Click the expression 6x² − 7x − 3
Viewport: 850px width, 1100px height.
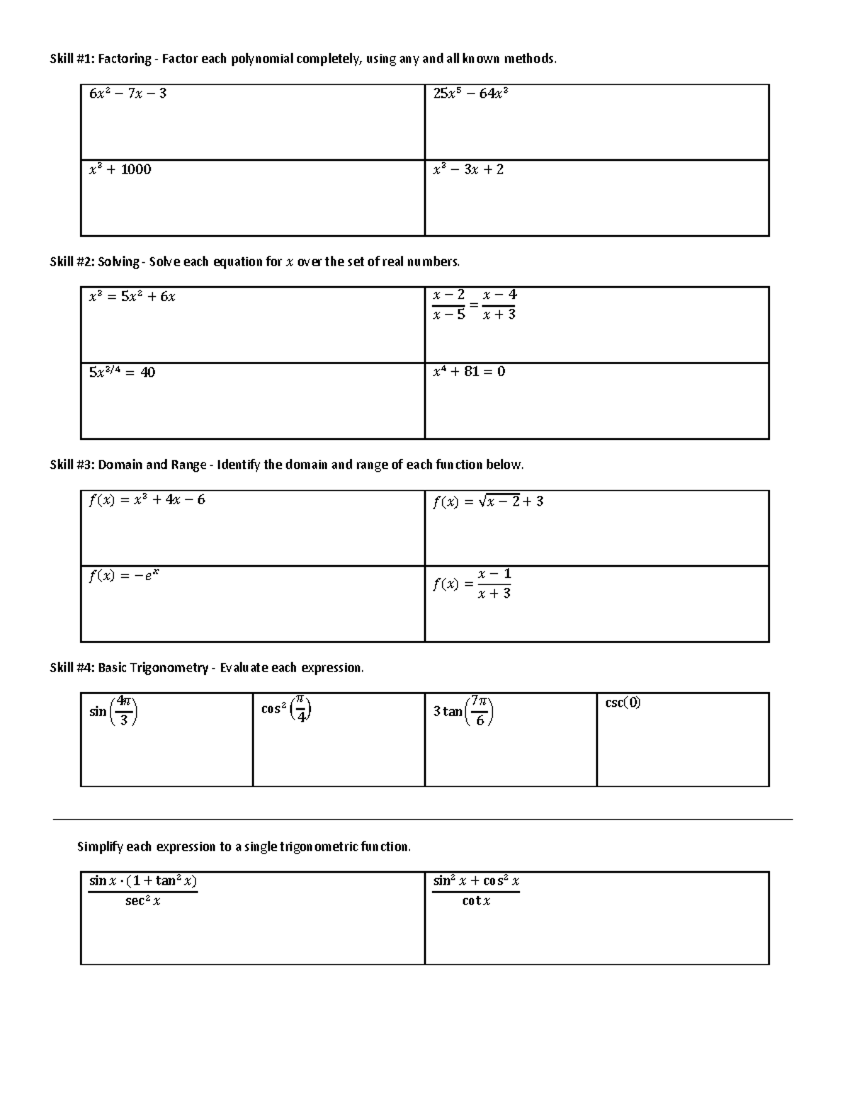click(x=127, y=93)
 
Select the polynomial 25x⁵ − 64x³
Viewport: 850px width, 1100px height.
click(x=471, y=93)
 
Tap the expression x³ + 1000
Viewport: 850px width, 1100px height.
click(x=120, y=169)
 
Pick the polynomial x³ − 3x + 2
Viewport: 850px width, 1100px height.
click(x=468, y=169)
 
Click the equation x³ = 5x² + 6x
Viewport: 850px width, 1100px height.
click(x=132, y=297)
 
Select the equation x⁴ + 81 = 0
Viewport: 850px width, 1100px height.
click(x=469, y=371)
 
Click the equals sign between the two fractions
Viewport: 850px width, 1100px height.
click(x=474, y=305)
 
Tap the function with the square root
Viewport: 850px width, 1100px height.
click(x=488, y=501)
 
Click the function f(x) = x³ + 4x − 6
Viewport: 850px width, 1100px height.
click(x=147, y=500)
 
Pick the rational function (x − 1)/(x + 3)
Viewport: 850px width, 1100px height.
click(x=473, y=584)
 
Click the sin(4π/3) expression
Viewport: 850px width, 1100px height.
click(x=113, y=711)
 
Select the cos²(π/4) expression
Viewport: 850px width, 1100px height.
click(x=287, y=709)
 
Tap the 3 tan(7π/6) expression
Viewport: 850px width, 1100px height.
click(x=463, y=711)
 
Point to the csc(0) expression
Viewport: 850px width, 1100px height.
click(x=623, y=703)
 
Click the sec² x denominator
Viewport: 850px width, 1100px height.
click(x=142, y=901)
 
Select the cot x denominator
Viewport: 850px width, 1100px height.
click(x=476, y=901)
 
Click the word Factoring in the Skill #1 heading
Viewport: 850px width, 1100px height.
click(x=125, y=59)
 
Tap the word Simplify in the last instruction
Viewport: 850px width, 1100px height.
click(x=100, y=846)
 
